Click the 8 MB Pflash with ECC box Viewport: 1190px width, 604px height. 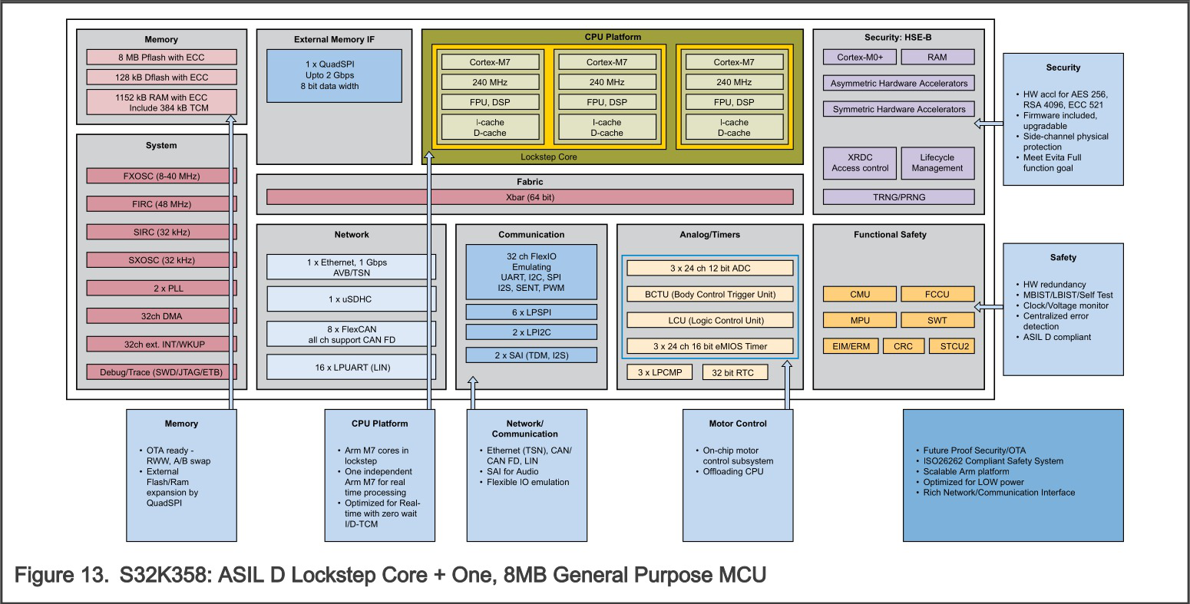tap(161, 58)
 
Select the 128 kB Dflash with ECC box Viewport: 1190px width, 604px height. tap(161, 78)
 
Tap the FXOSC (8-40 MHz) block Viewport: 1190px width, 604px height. tap(161, 176)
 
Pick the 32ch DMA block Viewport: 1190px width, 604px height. tap(161, 316)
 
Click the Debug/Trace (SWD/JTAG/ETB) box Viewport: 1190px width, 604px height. tap(161, 372)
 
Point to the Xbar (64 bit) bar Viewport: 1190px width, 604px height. tap(530, 197)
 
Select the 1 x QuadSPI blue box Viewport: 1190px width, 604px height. tap(334, 75)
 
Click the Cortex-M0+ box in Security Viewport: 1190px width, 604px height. tap(860, 57)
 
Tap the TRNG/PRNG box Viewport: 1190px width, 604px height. tap(898, 197)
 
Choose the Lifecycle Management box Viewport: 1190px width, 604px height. tap(937, 163)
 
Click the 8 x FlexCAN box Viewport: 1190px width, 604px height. tap(352, 334)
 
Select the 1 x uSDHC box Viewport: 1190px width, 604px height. tap(352, 299)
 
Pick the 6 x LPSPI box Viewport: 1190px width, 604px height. tap(531, 312)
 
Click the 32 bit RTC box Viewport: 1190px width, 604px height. tap(733, 373)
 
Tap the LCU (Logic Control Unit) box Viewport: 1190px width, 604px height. tap(709, 320)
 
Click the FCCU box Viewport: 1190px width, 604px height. tap(937, 294)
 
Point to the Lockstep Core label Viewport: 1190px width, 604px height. tap(548, 157)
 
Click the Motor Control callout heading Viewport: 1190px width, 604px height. tap(737, 424)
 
